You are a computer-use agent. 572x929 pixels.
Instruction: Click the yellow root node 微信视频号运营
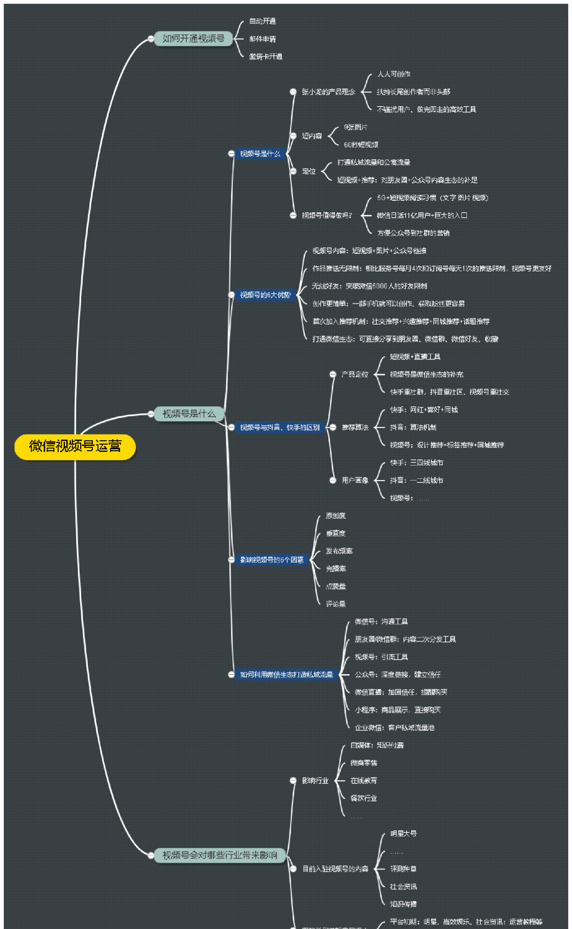pos(75,447)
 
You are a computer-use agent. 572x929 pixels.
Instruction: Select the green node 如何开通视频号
pos(193,39)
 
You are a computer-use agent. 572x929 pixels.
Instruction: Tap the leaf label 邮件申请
pos(263,39)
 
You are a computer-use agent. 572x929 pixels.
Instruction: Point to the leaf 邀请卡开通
pos(265,57)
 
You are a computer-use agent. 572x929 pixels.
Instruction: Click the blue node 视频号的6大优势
pos(265,295)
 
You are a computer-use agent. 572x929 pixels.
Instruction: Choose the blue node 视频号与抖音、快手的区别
pos(280,427)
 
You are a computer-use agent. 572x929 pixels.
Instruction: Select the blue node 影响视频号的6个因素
pos(271,560)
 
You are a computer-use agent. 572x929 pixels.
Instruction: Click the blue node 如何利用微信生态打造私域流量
pos(286,675)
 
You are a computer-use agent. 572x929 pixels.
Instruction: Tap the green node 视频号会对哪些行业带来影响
pos(219,855)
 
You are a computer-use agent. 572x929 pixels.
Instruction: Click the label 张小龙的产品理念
pos(328,92)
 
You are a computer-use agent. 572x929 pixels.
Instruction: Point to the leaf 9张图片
pos(355,127)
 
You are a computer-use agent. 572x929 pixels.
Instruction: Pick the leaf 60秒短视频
pos(361,145)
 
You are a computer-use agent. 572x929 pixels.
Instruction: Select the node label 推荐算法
pos(355,427)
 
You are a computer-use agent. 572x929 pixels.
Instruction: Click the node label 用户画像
pos(355,481)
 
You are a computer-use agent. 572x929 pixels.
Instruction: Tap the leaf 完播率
pos(336,569)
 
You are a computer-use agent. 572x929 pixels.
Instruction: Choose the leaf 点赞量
pos(336,587)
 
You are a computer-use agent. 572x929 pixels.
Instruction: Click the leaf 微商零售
pos(364,763)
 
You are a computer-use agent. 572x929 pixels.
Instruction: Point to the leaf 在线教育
pos(364,781)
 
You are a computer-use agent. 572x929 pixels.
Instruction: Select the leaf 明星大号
pos(403,834)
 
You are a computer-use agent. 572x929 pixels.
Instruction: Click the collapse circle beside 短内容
pos(293,136)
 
